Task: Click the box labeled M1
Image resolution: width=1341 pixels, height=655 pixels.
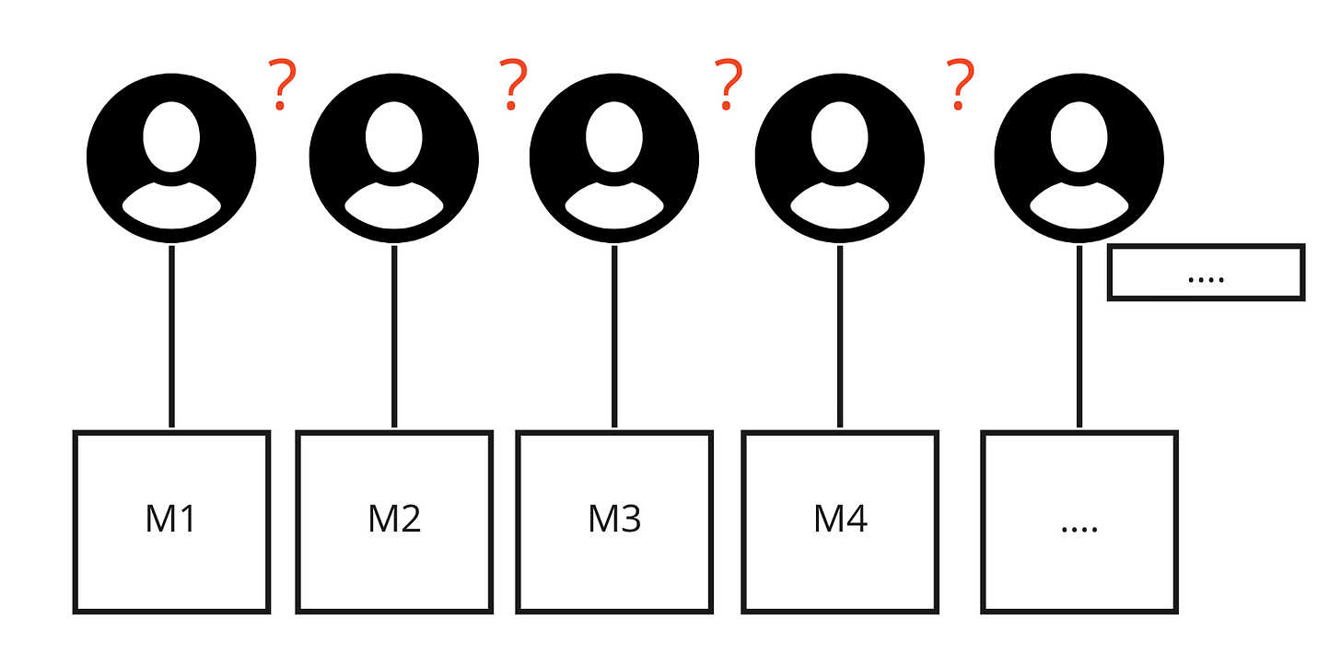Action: coord(171,521)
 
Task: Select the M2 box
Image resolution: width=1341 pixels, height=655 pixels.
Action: coord(394,521)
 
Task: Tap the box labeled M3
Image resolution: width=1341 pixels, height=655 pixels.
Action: coord(614,521)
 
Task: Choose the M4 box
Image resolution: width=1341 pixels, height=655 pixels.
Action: coord(840,521)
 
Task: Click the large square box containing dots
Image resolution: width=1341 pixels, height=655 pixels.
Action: coord(1079,521)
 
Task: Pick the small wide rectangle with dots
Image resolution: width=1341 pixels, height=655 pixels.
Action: coord(1206,273)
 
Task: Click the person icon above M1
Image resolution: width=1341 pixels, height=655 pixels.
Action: coord(171,158)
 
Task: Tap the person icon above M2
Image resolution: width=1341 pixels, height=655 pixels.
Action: coord(394,158)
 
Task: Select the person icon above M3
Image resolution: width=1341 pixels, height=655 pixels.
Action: coord(614,158)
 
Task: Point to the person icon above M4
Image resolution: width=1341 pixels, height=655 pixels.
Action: coord(840,158)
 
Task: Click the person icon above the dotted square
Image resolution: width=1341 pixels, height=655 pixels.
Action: coord(1079,158)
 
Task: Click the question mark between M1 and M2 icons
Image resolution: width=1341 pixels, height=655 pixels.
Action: coord(283,85)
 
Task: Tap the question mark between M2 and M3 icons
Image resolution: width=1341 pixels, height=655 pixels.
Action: coord(513,85)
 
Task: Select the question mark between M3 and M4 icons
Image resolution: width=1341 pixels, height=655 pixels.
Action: coord(729,85)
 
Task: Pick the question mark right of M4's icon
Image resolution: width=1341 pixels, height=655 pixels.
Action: coord(962,85)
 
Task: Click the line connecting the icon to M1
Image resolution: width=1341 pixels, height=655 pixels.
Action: coord(171,336)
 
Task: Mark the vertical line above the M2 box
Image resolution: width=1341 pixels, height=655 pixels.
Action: coord(394,336)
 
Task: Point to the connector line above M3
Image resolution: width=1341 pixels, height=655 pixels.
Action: coord(614,336)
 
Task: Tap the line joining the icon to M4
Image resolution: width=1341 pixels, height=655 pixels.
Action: coord(840,336)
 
